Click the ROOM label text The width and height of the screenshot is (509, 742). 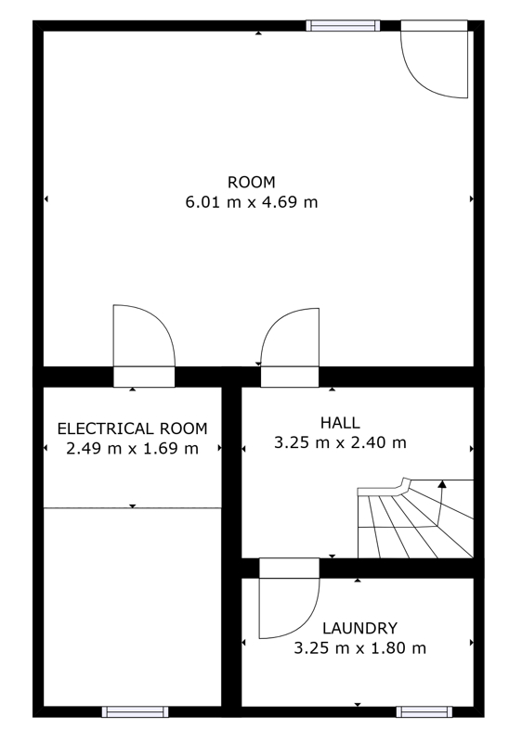[x=251, y=182]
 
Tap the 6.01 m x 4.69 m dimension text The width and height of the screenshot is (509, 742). [x=251, y=202]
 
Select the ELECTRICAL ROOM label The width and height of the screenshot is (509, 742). [x=132, y=429]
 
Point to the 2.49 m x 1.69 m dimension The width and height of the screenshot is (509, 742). [x=132, y=448]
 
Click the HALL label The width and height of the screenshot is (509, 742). [x=340, y=423]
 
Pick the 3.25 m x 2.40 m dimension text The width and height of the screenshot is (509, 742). [x=340, y=443]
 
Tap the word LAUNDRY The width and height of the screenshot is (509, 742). [x=359, y=628]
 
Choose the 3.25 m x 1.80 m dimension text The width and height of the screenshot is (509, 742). [x=359, y=647]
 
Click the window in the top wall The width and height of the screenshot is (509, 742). [x=343, y=26]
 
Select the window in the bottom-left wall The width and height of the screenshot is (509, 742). [x=135, y=711]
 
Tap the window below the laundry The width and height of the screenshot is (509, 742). [x=424, y=711]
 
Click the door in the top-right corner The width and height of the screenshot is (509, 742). [x=434, y=58]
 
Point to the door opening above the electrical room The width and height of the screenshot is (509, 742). [x=144, y=377]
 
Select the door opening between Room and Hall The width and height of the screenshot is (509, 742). [x=290, y=377]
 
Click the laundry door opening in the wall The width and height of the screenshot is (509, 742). [x=289, y=568]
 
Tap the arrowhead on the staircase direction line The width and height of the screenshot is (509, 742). [x=442, y=484]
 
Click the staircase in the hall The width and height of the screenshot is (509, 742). [x=415, y=518]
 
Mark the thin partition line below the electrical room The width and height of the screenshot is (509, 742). [x=132, y=507]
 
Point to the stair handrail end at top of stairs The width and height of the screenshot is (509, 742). [x=406, y=480]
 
